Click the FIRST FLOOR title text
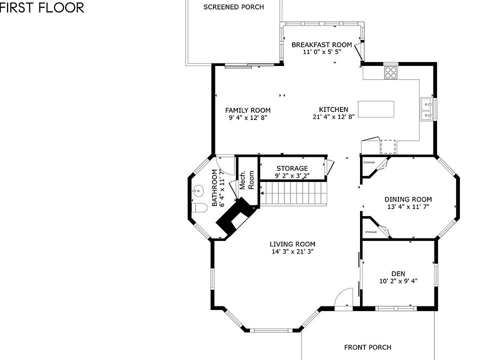42,7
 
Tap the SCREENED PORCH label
233,7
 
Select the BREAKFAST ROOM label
321,45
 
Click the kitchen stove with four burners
390,73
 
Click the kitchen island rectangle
375,109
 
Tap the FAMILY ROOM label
247,110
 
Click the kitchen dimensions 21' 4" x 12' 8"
333,117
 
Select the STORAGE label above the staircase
292,168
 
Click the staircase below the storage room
294,192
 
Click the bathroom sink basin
198,190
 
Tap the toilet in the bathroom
201,208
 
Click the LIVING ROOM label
292,244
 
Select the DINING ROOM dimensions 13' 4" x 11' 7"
408,206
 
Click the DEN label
398,273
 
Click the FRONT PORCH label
367,347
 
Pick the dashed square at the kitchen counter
388,146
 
